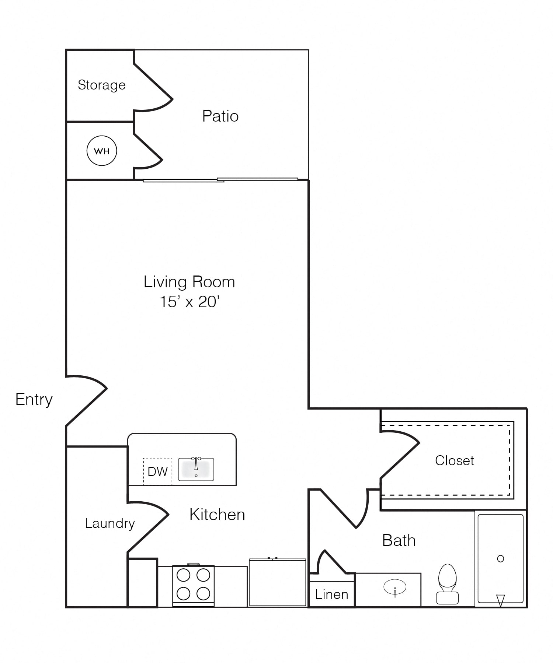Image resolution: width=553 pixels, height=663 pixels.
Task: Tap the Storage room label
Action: point(102,85)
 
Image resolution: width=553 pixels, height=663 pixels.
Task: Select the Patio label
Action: point(220,116)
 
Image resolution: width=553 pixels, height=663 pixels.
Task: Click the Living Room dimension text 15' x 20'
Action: point(189,302)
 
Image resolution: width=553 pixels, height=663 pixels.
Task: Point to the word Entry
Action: point(34,400)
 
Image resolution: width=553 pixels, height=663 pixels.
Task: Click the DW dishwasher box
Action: point(157,471)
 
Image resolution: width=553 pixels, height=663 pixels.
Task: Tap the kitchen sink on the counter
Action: point(196,469)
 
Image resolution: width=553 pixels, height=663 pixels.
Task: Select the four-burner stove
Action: point(194,586)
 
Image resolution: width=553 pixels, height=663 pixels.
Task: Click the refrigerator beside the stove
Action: point(278,582)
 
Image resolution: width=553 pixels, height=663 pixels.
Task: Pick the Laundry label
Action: point(110,523)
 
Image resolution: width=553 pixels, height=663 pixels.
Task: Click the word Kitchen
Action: point(217,515)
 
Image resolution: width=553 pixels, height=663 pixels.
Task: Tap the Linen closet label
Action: point(331,594)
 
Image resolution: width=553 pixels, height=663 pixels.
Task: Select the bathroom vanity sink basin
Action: point(395,587)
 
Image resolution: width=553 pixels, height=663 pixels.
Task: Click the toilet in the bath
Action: point(448,584)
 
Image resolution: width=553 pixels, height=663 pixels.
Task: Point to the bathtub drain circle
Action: point(501,559)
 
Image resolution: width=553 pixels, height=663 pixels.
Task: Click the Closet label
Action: point(455,460)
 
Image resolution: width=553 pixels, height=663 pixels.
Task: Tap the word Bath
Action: point(399,540)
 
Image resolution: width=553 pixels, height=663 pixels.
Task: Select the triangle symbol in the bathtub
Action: point(500,600)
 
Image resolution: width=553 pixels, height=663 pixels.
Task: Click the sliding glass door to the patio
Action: point(220,180)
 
